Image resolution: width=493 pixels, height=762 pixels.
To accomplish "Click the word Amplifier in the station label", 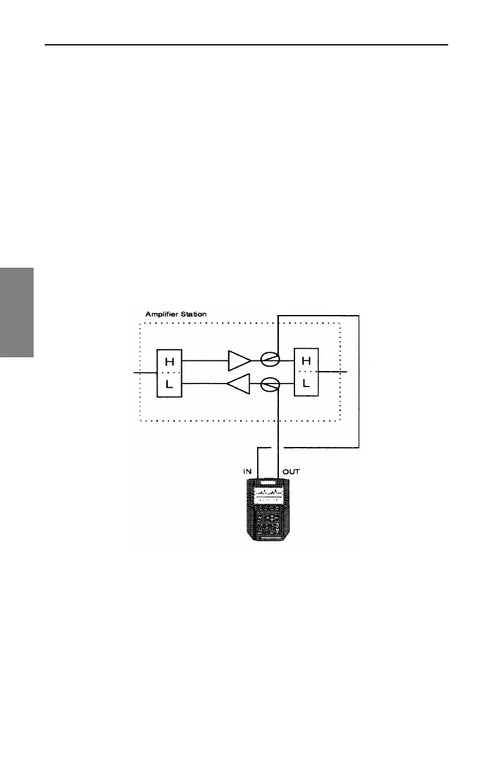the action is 164,314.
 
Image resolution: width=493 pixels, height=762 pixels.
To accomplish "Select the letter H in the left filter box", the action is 167,360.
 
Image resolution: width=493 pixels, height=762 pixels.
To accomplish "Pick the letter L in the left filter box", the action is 167,384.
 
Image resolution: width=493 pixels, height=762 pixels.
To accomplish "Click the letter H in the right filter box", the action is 306,360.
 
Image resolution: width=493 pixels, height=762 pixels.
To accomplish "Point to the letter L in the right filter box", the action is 306,384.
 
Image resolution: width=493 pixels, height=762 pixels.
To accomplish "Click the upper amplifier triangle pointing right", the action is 240,360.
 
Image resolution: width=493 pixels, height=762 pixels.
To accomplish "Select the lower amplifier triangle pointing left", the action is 240,385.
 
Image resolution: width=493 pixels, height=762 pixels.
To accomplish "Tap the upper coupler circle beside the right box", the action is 270,360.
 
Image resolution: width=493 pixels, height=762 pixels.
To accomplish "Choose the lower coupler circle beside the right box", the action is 270,385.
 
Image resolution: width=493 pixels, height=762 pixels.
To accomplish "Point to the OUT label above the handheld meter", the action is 291,472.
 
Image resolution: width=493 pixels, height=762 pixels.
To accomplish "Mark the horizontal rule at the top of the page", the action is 247,45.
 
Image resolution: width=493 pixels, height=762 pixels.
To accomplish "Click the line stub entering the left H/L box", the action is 144,372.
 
